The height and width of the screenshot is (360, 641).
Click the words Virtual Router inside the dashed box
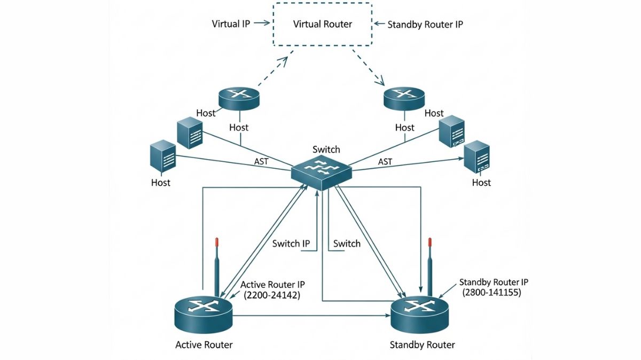pyautogui.click(x=323, y=24)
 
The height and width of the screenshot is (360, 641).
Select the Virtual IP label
pyautogui.click(x=231, y=24)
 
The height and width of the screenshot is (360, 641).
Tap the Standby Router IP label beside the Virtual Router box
pyautogui.click(x=425, y=24)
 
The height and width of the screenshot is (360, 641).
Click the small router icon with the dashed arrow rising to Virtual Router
pyautogui.click(x=239, y=97)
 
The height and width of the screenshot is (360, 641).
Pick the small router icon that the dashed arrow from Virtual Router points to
pyautogui.click(x=404, y=98)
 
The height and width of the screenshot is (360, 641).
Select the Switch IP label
pyautogui.click(x=291, y=244)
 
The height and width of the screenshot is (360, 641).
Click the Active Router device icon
pyautogui.click(x=204, y=315)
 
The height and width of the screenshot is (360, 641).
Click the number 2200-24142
pyautogui.click(x=271, y=295)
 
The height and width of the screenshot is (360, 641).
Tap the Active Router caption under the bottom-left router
pyautogui.click(x=204, y=345)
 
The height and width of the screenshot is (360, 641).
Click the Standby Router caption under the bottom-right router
pyautogui.click(x=423, y=345)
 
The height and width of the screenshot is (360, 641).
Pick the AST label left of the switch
pyautogui.click(x=261, y=161)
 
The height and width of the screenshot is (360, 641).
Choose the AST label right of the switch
pyautogui.click(x=385, y=161)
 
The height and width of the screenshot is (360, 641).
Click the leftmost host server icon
pyautogui.click(x=162, y=156)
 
